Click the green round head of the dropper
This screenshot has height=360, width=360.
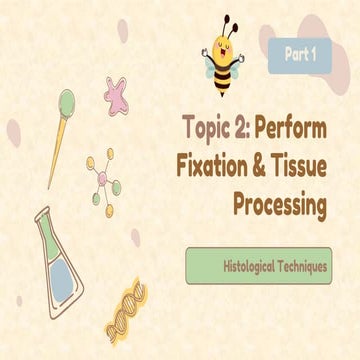point(66,100)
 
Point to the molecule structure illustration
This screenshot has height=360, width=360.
point(104,179)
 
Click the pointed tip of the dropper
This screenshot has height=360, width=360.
point(20,185)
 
